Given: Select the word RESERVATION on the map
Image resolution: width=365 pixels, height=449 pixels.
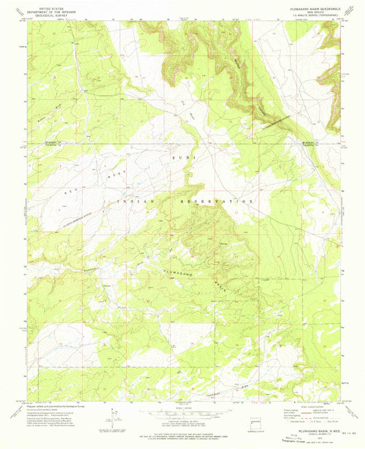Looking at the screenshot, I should click(x=222, y=202).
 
